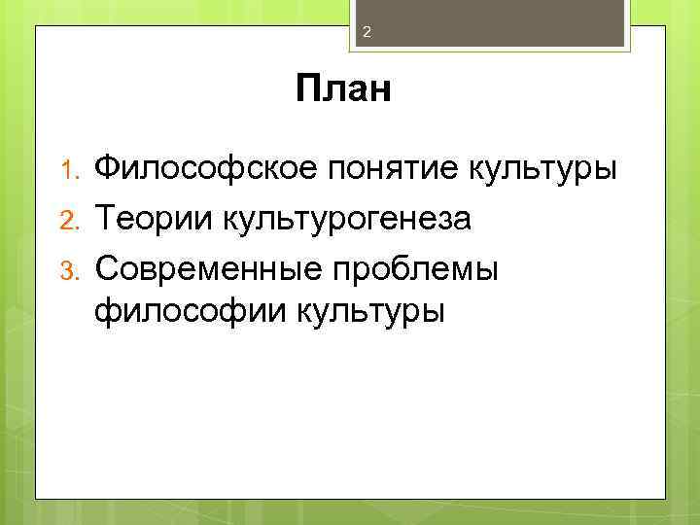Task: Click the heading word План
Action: (343, 90)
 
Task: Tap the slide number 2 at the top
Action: (367, 32)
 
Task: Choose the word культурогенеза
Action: (346, 219)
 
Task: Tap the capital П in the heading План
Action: (310, 90)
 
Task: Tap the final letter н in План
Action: (379, 93)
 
